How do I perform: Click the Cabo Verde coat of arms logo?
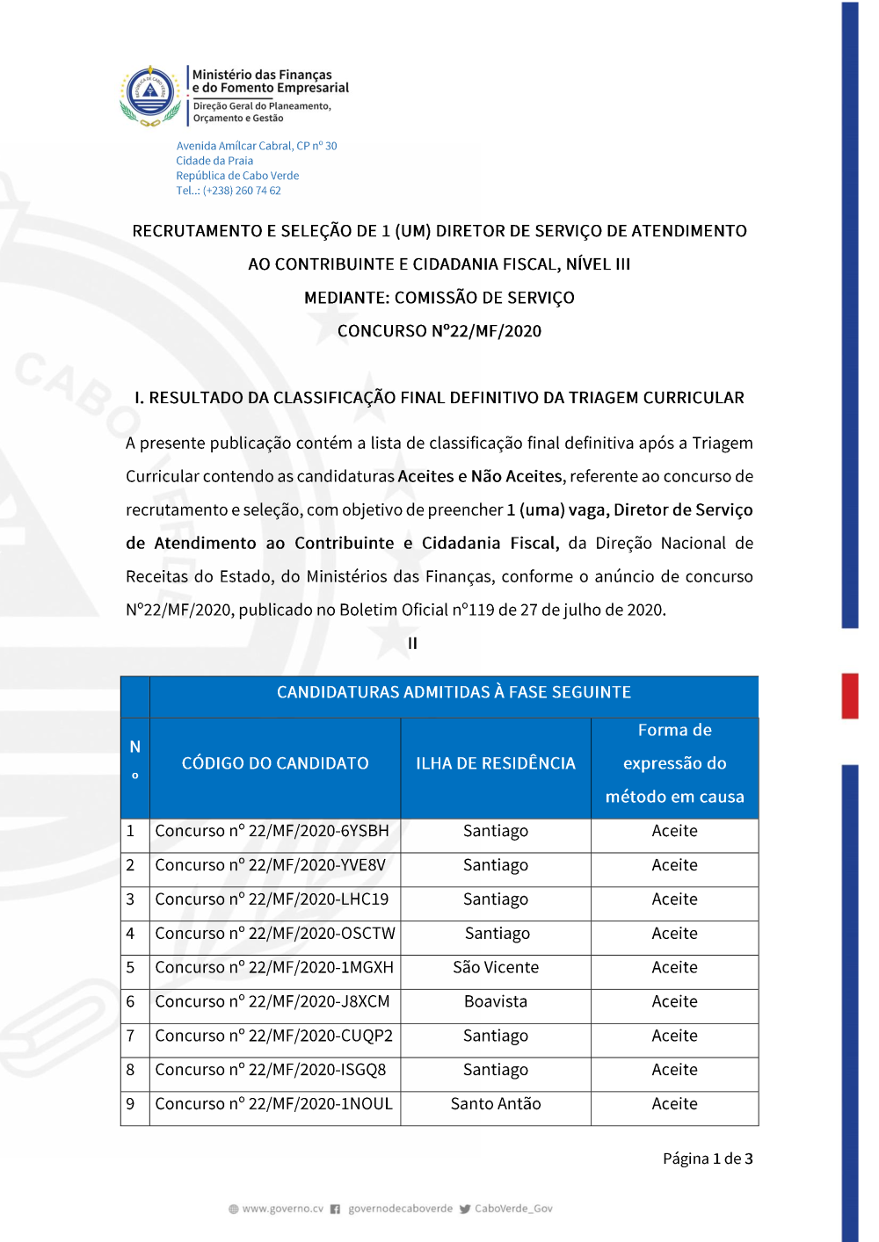click(151, 94)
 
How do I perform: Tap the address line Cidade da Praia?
click(214, 161)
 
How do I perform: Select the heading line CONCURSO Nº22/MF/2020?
click(439, 331)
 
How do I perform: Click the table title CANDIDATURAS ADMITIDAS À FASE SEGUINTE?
click(454, 692)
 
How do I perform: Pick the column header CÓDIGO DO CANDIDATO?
click(275, 763)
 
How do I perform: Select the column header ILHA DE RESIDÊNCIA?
click(496, 763)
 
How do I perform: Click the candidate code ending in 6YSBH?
click(272, 831)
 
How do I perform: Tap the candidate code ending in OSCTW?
click(275, 934)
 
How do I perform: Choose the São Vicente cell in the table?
click(496, 968)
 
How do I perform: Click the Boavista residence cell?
click(496, 1002)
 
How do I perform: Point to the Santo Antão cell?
click(496, 1104)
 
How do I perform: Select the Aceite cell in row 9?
click(674, 1104)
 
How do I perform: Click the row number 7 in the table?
click(131, 1036)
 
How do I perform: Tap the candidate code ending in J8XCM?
click(272, 1002)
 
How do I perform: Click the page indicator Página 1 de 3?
click(708, 1159)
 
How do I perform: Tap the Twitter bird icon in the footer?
click(465, 1209)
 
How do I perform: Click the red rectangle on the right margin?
click(849, 696)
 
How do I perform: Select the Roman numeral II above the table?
click(412, 644)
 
